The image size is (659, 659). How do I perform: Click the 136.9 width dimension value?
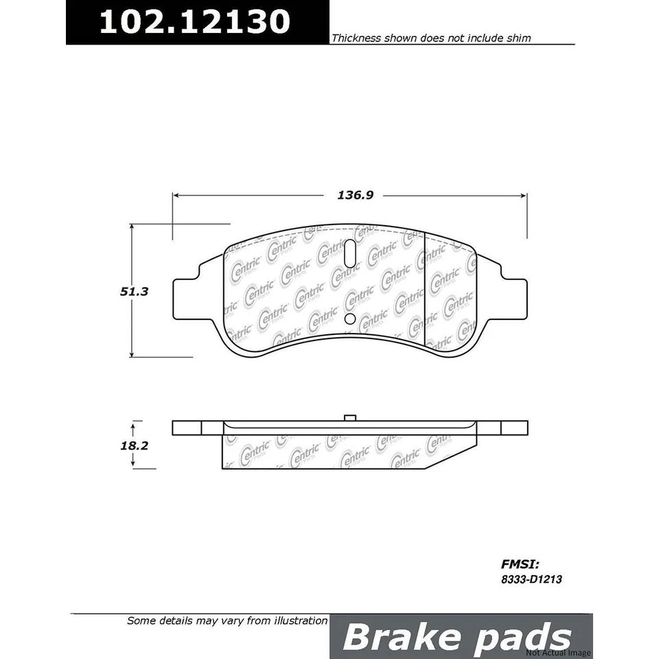pyautogui.click(x=354, y=196)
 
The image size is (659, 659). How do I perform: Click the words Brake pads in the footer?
pyautogui.click(x=456, y=637)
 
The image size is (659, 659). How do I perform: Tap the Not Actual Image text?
pyautogui.click(x=558, y=652)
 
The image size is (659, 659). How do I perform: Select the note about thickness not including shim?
pyautogui.click(x=431, y=39)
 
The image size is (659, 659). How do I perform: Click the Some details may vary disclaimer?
pyautogui.click(x=227, y=621)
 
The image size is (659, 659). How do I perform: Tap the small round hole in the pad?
pyautogui.click(x=349, y=319)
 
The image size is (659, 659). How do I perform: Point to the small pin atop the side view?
pyautogui.click(x=349, y=417)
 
